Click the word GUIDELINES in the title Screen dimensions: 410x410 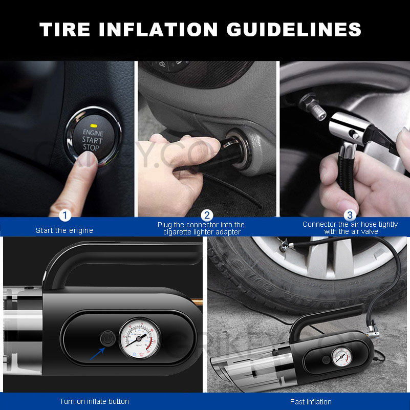[x=294, y=30]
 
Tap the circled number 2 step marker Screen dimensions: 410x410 [x=207, y=215]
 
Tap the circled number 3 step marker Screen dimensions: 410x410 [x=350, y=215]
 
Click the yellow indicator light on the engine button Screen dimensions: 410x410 [x=93, y=125]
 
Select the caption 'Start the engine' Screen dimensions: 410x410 [x=64, y=230]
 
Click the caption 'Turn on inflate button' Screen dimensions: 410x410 [x=94, y=401]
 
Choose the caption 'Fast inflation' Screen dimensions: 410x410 [x=311, y=401]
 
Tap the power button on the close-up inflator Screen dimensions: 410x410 [x=107, y=338]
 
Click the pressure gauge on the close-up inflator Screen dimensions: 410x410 [x=139, y=338]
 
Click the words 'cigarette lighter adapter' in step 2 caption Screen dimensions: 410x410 [x=201, y=232]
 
